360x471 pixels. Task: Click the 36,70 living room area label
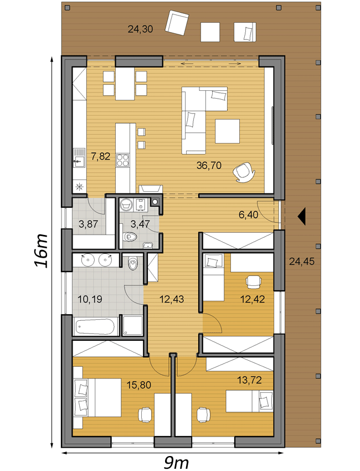click(x=209, y=165)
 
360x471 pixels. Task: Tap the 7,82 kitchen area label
click(x=101, y=156)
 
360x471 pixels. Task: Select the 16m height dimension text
click(x=41, y=250)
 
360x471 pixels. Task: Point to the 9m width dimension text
click(x=176, y=463)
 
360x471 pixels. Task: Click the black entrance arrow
click(x=301, y=216)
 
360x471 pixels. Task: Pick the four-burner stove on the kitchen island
click(x=122, y=160)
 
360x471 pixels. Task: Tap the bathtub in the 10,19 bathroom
click(x=95, y=326)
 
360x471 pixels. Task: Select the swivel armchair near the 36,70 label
click(x=244, y=172)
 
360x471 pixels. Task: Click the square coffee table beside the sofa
click(x=227, y=131)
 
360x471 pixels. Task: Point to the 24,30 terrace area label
click(x=140, y=29)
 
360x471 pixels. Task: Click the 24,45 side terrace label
click(x=302, y=262)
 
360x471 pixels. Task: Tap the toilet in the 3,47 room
click(x=130, y=237)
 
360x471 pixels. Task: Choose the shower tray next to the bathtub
click(x=132, y=325)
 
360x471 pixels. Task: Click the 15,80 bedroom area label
click(x=138, y=385)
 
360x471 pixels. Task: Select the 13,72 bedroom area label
click(x=249, y=380)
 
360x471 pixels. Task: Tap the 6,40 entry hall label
click(x=248, y=215)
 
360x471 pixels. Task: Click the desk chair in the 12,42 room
click(x=254, y=281)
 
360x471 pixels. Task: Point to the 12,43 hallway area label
click(x=172, y=299)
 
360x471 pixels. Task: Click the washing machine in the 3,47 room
click(x=126, y=205)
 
